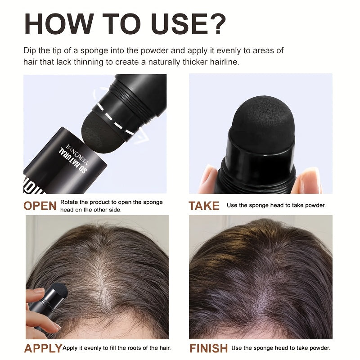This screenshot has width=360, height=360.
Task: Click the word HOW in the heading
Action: pos(59,24)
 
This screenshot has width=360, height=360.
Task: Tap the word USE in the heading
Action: pos(176,24)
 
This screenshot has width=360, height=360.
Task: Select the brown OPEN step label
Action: pos(40,206)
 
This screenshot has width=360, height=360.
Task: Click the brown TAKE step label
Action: pos(204,206)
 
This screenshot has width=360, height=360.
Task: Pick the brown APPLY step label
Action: pos(43,348)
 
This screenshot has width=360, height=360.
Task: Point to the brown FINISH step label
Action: pos(208,348)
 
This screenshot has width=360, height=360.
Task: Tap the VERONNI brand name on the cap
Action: pos(77,154)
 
